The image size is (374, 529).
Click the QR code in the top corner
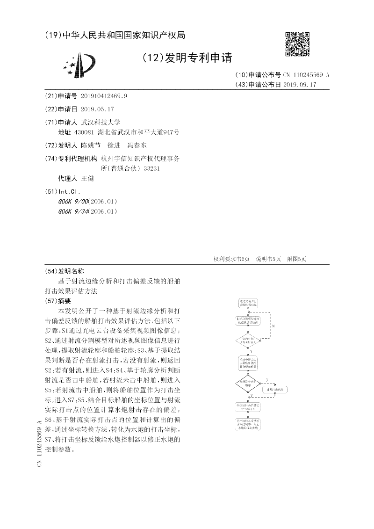[297, 44]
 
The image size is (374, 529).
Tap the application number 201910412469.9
[104, 96]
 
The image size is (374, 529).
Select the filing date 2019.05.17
[97, 109]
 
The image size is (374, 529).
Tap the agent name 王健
[88, 179]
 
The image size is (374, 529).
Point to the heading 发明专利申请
[198, 58]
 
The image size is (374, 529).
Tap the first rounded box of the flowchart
[248, 302]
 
